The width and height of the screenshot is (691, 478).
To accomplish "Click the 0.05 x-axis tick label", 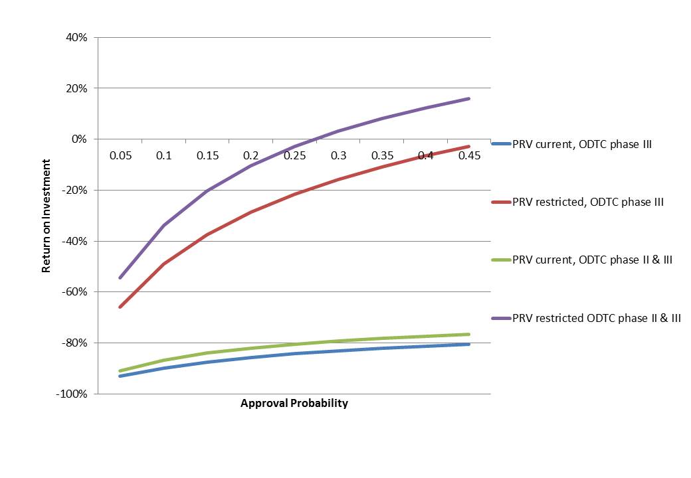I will pos(120,155).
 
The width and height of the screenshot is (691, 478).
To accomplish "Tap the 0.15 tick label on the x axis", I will pos(208,155).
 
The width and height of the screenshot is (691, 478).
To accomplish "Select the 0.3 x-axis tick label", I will pos(339,155).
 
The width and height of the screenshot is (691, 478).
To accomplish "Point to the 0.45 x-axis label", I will pos(469,155).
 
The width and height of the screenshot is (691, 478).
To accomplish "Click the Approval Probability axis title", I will pos(294,403).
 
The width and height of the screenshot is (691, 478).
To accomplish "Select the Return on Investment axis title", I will pos(47,216).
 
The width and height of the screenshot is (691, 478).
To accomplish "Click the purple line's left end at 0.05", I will pos(120,278).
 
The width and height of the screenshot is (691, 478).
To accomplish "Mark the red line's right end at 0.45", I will pos(469,147).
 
